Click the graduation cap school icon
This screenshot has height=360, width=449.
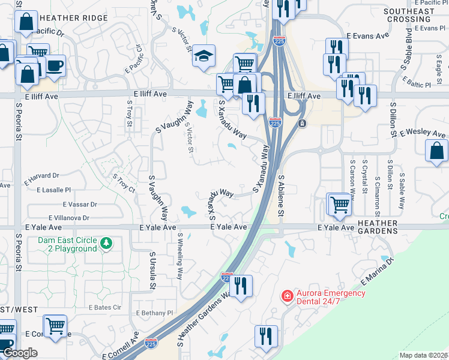click(x=204, y=56)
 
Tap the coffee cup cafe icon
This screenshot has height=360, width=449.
click(x=55, y=66)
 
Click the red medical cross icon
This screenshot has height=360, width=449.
click(x=288, y=296)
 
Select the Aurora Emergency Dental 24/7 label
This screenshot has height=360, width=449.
click(x=331, y=297)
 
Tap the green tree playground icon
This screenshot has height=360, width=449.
click(x=106, y=243)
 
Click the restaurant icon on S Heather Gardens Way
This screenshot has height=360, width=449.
click(x=241, y=286)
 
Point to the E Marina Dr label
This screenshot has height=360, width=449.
click(x=376, y=272)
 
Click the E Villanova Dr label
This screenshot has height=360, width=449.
click(x=69, y=218)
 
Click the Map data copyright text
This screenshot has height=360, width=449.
click(x=424, y=355)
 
